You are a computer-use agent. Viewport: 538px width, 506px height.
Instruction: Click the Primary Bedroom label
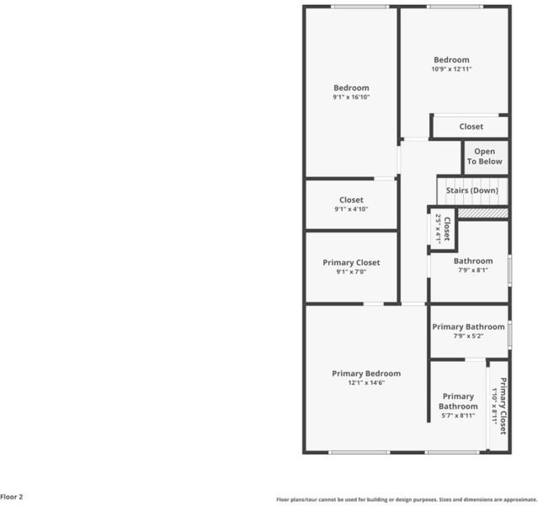pos(366,374)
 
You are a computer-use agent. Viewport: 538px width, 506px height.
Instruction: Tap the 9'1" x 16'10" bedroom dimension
pos(351,97)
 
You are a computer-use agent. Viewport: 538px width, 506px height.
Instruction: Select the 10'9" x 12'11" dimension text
pos(451,69)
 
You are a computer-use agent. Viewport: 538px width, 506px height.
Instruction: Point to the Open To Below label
pos(484,156)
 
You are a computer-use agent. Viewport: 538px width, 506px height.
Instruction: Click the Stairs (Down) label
pos(472,191)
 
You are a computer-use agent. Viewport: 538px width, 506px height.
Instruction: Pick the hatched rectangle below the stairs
pos(483,213)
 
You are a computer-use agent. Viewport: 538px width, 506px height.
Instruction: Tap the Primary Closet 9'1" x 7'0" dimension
pos(351,272)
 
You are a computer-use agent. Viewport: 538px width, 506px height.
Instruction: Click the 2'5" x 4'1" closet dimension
pos(438,229)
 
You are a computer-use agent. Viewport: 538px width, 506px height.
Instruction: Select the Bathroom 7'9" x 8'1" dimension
pos(473,270)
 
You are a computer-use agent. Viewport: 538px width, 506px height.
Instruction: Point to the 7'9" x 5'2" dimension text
pos(468,336)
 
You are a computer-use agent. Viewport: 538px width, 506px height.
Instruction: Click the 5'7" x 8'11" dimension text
pos(458,415)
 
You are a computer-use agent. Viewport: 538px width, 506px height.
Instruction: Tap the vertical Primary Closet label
pos(503,406)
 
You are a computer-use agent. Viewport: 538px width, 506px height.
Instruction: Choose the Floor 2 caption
pos(11,497)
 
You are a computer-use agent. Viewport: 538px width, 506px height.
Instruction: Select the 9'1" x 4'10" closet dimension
pos(351,209)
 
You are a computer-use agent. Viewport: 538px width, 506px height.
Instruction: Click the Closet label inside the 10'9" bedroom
pos(471,126)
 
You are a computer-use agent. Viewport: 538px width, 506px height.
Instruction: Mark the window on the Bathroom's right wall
pos(510,270)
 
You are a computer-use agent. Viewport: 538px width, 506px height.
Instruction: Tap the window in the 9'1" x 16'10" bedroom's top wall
pos(360,7)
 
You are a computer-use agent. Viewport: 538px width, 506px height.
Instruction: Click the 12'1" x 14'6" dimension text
pos(366,383)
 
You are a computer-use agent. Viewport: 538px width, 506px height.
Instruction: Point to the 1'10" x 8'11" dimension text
pos(494,406)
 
